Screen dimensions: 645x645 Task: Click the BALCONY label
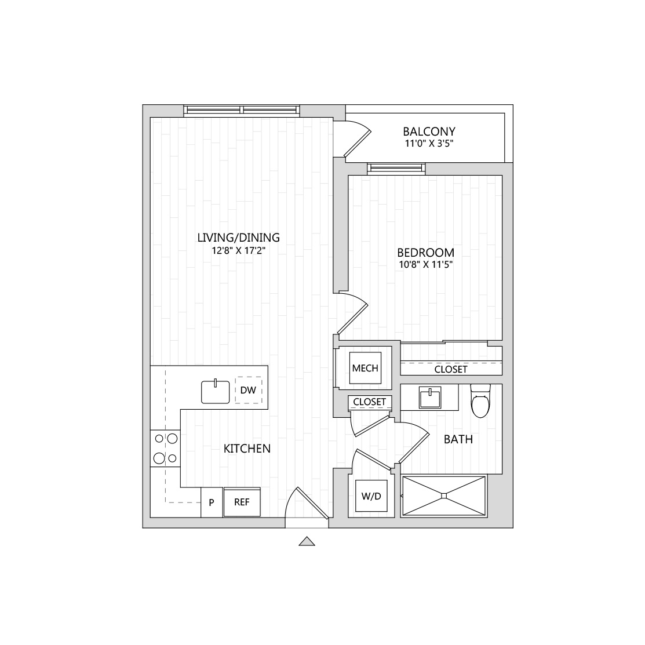(x=429, y=132)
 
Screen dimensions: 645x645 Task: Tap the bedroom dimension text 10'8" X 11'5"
(x=425, y=265)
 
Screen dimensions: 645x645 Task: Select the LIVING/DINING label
(x=239, y=238)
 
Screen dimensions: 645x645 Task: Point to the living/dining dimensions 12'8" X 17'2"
(x=239, y=250)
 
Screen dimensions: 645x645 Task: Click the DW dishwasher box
(x=248, y=391)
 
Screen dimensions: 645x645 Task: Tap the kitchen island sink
(x=216, y=392)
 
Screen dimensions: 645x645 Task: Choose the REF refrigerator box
(x=242, y=502)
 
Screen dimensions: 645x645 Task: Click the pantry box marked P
(x=212, y=502)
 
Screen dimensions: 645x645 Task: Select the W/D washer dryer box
(x=371, y=496)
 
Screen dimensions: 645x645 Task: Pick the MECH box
(x=365, y=368)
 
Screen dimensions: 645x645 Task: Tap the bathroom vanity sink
(x=429, y=398)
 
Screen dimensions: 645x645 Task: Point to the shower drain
(x=443, y=495)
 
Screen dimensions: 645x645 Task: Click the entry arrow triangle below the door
(x=307, y=542)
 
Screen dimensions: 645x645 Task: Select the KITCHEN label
(x=247, y=449)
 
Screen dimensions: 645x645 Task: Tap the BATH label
(x=458, y=439)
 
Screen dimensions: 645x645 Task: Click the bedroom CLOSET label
(x=451, y=369)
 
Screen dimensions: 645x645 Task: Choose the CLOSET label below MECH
(x=369, y=402)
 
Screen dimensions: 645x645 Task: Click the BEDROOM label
(x=425, y=253)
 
